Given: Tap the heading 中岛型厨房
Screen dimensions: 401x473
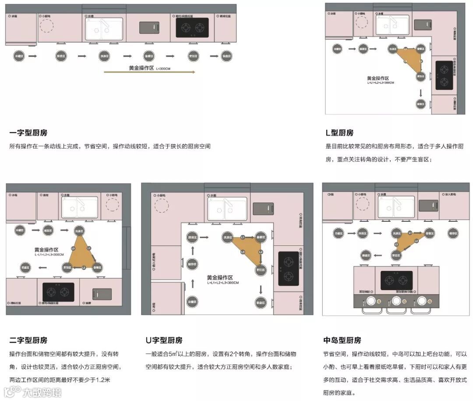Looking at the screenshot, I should (x=342, y=340).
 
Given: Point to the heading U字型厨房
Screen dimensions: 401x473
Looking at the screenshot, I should (x=164, y=340).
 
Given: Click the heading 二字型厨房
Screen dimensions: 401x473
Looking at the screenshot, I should (x=28, y=340).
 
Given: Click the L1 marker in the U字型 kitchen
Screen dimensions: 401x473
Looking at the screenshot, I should (x=243, y=237).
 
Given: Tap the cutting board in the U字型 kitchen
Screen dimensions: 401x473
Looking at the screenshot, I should (x=263, y=209).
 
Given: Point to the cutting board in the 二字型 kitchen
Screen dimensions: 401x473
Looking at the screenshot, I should (x=101, y=294).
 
